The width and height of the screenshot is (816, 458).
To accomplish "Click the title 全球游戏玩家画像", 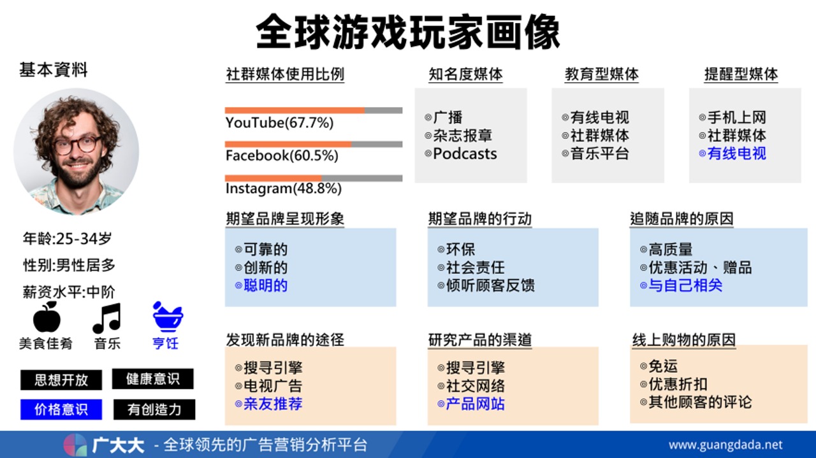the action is click(408, 32).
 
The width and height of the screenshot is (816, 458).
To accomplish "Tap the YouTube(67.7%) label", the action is click(279, 123).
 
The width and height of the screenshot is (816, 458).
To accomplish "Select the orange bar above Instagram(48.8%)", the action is click(273, 178).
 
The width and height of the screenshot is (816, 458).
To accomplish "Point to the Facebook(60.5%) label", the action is click(282, 155).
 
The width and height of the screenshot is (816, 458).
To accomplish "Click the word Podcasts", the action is click(465, 154).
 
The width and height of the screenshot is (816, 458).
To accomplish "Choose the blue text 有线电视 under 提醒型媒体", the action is click(736, 154).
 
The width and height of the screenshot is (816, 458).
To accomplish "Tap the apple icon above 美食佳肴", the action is click(47, 317).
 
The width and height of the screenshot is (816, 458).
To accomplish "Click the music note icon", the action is click(106, 318).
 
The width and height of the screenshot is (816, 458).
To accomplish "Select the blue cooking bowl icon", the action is click(168, 317).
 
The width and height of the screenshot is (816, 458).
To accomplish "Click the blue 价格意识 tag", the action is click(61, 409).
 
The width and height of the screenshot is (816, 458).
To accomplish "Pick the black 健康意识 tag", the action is click(152, 379).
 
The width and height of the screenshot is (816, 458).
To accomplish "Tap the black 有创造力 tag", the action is click(154, 410).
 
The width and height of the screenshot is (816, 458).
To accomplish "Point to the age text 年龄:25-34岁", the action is click(68, 238).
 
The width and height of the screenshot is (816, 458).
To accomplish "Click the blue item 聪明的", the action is click(266, 285).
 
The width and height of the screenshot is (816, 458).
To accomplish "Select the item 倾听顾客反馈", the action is click(490, 285).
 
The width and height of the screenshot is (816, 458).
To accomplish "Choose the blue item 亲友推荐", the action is click(273, 404).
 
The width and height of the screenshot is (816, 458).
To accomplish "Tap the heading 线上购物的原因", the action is click(684, 340).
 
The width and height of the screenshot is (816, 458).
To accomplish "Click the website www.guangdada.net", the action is click(725, 445).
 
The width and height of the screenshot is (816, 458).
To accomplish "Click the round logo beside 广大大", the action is click(75, 445).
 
